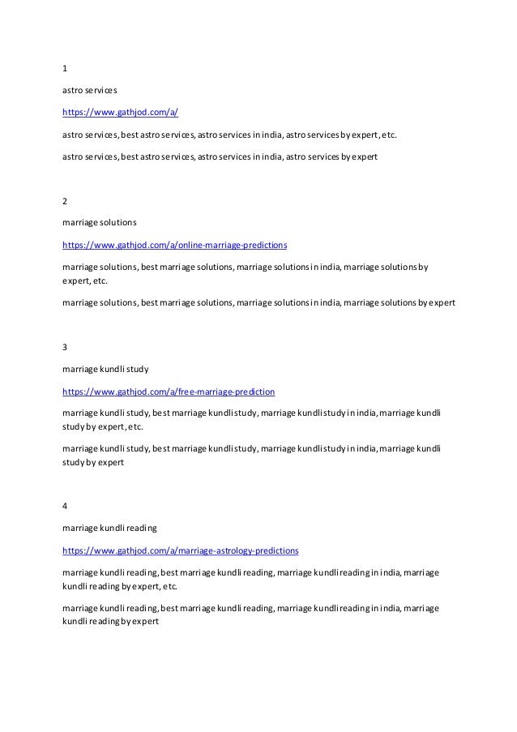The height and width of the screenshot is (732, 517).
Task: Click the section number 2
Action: click(x=65, y=200)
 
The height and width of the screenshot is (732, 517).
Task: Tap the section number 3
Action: click(x=65, y=348)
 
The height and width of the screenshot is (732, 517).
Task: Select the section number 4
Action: click(x=65, y=507)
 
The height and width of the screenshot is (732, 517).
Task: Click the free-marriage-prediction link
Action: click(x=169, y=391)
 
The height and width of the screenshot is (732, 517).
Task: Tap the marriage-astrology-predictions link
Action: click(x=180, y=550)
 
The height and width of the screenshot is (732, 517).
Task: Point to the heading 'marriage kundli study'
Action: click(x=105, y=369)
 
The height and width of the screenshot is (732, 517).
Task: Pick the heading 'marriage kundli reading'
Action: click(x=109, y=528)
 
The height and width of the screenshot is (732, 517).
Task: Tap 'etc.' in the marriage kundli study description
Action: click(x=135, y=426)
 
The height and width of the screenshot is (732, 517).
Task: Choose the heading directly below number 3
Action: click(x=105, y=369)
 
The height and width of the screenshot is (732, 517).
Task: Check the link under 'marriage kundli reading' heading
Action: click(x=180, y=550)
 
